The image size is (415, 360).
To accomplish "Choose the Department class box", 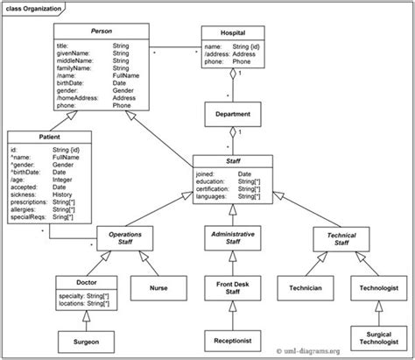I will tap(232, 114).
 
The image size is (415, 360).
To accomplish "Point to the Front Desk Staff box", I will tap(232, 286).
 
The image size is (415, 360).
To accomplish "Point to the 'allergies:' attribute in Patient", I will tap(28, 209).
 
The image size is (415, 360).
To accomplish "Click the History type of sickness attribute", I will tap(62, 193).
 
